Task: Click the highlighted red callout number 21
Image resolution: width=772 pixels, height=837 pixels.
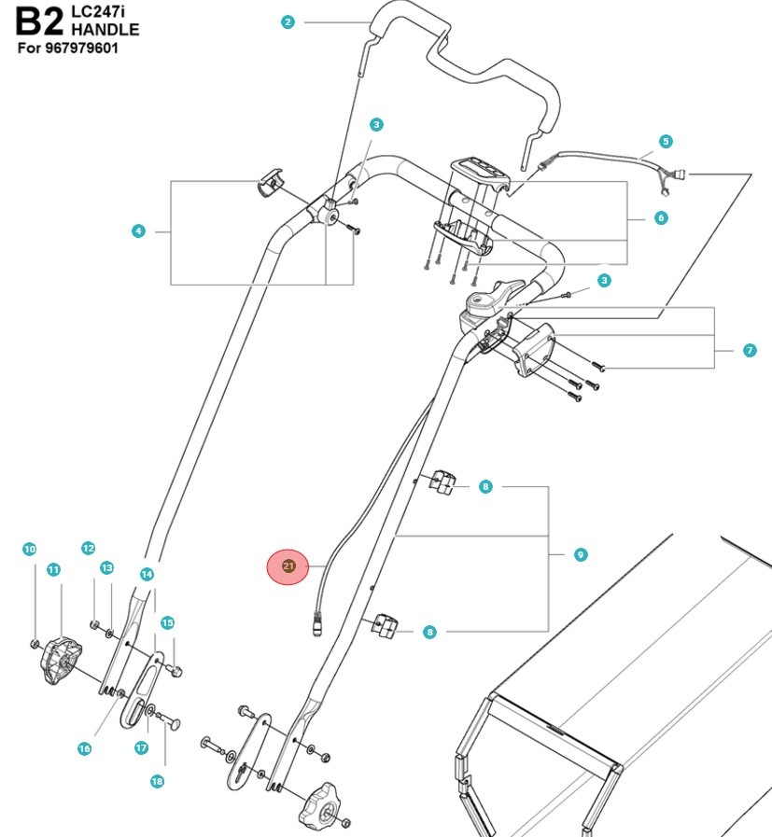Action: (288, 566)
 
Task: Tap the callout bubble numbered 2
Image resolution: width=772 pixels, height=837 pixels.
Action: (288, 22)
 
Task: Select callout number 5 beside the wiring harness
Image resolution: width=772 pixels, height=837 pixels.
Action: (665, 142)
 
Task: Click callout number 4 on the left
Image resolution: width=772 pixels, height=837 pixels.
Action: (138, 230)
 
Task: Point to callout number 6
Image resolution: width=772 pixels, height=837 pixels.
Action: (661, 218)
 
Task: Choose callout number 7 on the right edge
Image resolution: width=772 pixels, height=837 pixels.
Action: (750, 351)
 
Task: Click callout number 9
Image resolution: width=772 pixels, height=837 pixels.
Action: (581, 554)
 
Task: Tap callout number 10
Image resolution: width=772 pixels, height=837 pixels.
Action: (29, 550)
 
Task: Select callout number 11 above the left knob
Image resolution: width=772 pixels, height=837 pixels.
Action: (53, 569)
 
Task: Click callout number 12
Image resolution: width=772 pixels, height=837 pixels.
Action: (89, 548)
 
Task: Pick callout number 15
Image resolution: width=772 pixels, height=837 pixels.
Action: (167, 622)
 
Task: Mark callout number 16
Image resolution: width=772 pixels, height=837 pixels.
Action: (84, 748)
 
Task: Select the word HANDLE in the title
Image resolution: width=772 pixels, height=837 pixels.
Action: (105, 29)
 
